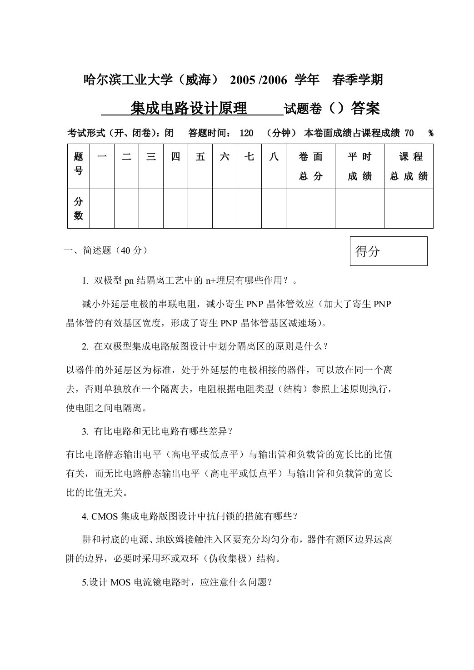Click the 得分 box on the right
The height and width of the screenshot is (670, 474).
tap(388, 251)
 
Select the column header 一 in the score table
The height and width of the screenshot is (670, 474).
tap(102, 157)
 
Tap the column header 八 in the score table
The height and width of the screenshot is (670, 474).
tap(274, 157)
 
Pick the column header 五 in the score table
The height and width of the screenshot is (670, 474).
tap(200, 157)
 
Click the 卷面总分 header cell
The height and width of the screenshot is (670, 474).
tap(310, 166)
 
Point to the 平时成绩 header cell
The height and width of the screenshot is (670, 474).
tap(359, 166)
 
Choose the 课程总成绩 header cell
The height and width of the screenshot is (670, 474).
tap(409, 166)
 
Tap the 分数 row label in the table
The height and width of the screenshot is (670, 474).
tap(79, 208)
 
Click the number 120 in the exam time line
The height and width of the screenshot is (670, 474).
tap(246, 133)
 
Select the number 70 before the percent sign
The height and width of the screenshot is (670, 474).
tap(409, 133)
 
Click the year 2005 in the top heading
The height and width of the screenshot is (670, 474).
tap(243, 80)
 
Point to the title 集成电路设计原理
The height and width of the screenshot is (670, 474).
tap(189, 108)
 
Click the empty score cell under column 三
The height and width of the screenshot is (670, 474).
tap(151, 208)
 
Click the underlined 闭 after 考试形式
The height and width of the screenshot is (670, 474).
tap(169, 133)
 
